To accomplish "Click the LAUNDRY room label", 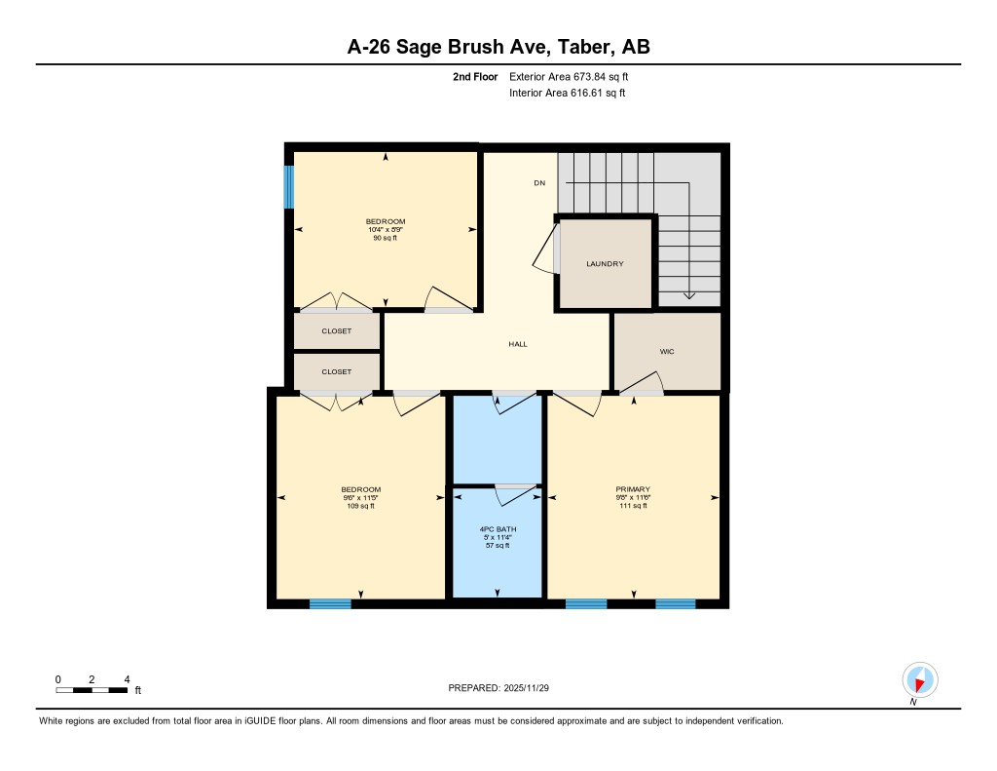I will coord(605,264).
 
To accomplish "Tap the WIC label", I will coord(667,352).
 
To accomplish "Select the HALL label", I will coord(518,344).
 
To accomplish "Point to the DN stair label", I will coord(538,183).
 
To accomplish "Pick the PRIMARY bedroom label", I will coord(633,489).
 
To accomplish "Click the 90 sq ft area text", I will coord(386,239).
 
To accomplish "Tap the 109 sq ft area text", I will coord(360,506).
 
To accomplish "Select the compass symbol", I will coord(919,679).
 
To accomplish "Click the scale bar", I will coord(92,690).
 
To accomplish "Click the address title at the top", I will coord(498,46).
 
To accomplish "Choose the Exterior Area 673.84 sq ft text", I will coord(575,76).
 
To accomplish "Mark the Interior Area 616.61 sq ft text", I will coord(567,94).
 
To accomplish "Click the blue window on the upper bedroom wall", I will coord(288,186).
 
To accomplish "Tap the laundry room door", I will coord(546,250).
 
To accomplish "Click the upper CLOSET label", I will coord(337,331).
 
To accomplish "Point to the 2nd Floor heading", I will coord(475,76).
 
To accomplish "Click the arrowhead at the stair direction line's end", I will coord(689,294).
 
